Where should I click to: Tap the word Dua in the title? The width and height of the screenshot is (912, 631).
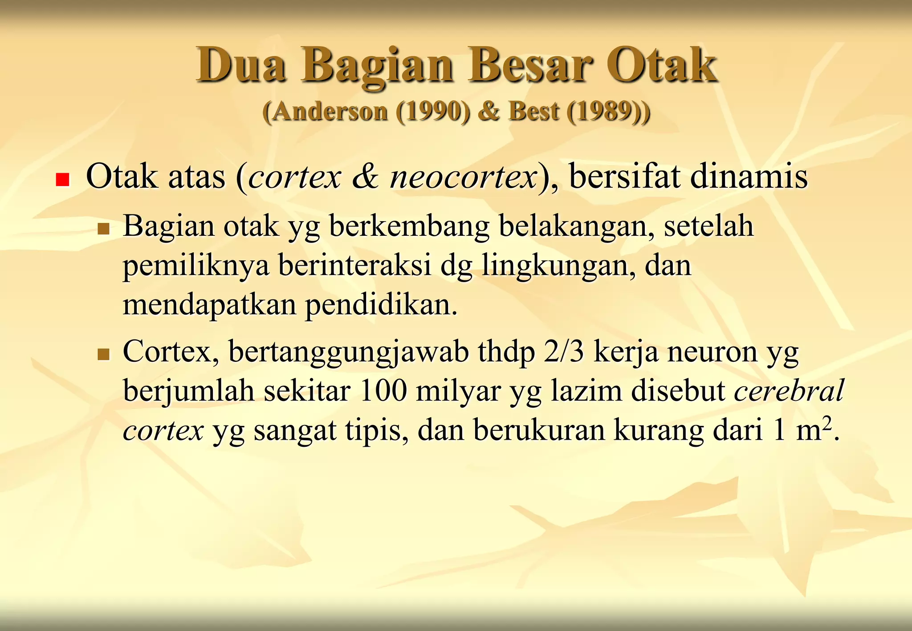pos(240,65)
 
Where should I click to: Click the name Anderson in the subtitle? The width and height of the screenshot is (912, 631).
pos(330,111)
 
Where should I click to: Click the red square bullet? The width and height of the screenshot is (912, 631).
pos(62,179)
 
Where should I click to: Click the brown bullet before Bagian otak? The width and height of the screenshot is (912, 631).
pos(103,229)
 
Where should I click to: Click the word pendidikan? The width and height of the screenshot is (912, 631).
pos(381,305)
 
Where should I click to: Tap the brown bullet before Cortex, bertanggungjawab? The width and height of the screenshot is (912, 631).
pos(103,355)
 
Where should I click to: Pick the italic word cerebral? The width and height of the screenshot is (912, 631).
pos(789,391)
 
